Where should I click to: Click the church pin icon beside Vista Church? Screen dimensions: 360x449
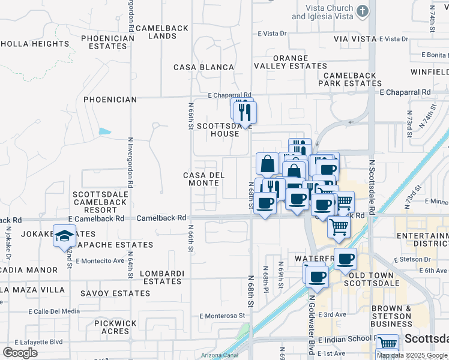click(362, 11)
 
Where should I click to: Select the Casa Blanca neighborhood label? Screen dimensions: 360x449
click(203, 67)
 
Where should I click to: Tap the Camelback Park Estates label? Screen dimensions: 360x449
click(350, 80)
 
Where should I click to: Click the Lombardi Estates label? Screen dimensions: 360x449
click(161, 278)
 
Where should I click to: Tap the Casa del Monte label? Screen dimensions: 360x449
click(203, 179)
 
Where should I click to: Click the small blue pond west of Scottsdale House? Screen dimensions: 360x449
click(105, 131)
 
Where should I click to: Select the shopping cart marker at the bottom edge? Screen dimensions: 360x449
click(387, 344)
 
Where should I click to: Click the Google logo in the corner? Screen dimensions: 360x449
click(20, 353)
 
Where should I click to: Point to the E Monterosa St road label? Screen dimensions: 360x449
click(223, 315)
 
